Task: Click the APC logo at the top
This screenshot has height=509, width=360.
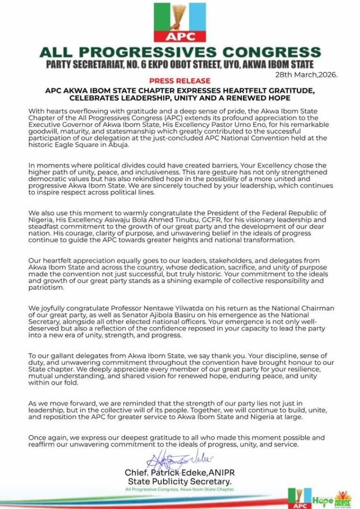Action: click(180, 22)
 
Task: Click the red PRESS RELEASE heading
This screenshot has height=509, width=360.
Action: click(180, 81)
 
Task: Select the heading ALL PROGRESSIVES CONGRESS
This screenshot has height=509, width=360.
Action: click(180, 52)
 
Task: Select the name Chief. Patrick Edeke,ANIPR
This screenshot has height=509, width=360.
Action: click(180, 473)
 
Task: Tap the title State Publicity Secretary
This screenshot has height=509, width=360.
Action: click(180, 482)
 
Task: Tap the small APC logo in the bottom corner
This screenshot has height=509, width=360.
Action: click(299, 498)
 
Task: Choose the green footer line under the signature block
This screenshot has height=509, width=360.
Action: click(180, 490)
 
